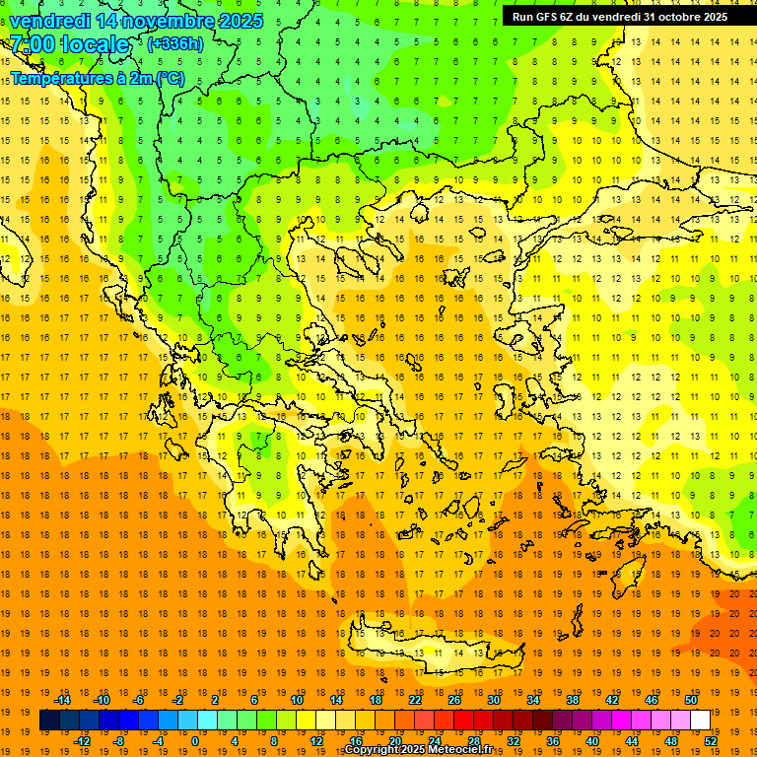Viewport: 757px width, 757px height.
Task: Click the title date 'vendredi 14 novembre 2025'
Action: [x=136, y=21]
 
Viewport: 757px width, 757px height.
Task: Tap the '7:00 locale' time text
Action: [x=69, y=44]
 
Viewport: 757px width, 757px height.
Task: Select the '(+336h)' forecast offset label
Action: [x=175, y=44]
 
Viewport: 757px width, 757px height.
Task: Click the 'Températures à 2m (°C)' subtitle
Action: [x=97, y=78]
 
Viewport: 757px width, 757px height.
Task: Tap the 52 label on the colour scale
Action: [x=711, y=740]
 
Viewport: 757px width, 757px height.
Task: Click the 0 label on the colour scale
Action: [x=195, y=740]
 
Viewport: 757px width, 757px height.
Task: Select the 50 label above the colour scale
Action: [x=690, y=700]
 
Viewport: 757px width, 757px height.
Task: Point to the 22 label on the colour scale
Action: [x=415, y=700]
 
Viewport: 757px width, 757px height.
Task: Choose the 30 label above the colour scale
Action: [x=494, y=700]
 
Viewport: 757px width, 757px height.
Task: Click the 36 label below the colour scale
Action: [x=553, y=740]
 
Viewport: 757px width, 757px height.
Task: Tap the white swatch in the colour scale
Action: [x=701, y=720]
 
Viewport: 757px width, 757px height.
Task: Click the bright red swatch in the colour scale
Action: [x=464, y=720]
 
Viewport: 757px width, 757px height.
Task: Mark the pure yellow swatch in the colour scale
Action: [x=307, y=720]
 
